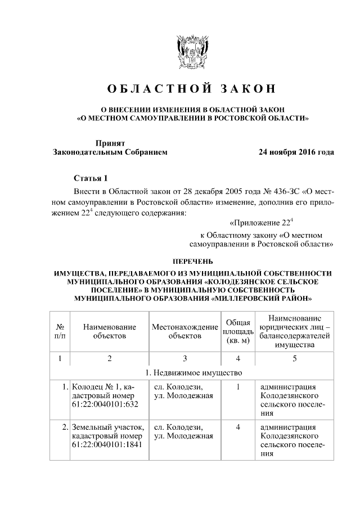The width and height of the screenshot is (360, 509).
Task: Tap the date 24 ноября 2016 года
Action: pos(296,152)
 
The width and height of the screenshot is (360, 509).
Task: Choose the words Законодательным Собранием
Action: pos(110,152)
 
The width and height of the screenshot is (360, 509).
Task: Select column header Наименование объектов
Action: pos(110,331)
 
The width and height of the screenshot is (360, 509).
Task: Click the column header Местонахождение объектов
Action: pos(184,331)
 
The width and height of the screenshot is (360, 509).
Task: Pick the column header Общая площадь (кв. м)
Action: pos(238,331)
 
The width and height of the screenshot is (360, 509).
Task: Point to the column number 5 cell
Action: pos(294,358)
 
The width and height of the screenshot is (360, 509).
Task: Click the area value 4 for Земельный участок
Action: pos(238,427)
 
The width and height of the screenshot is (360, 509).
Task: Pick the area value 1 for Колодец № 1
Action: pos(238,386)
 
